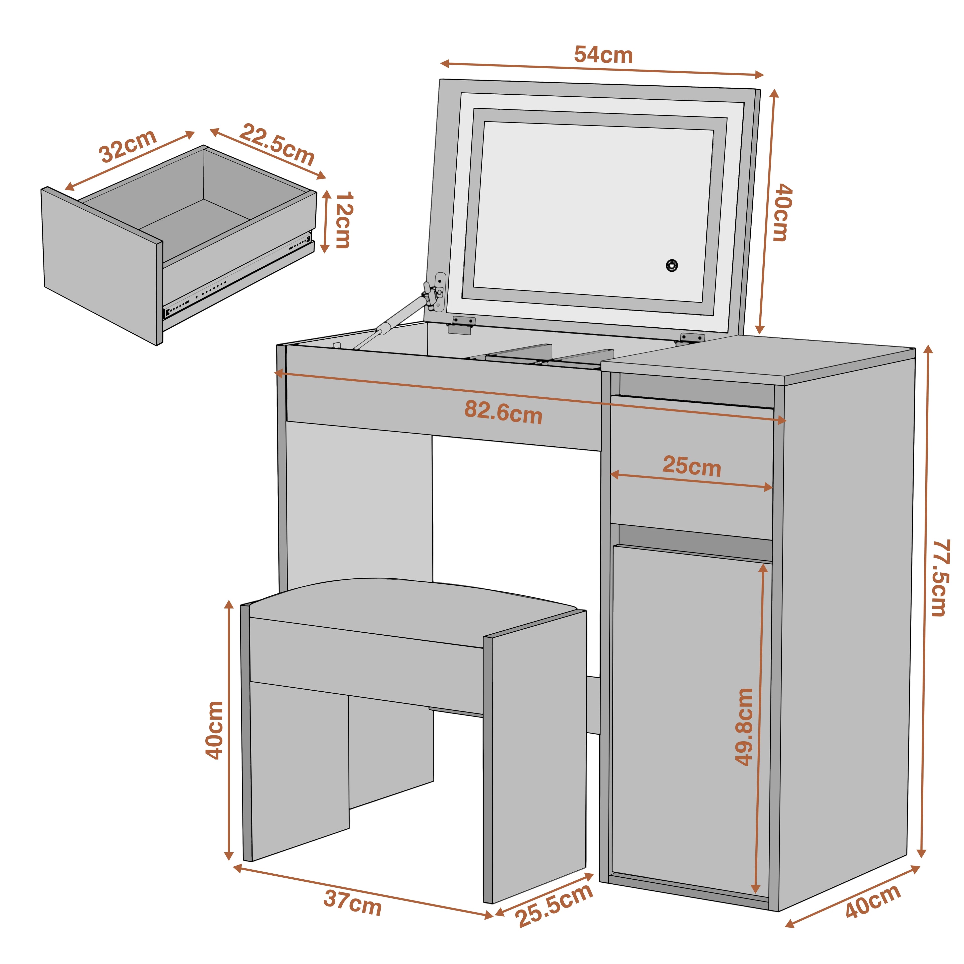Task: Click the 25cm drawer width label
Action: coord(692,466)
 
